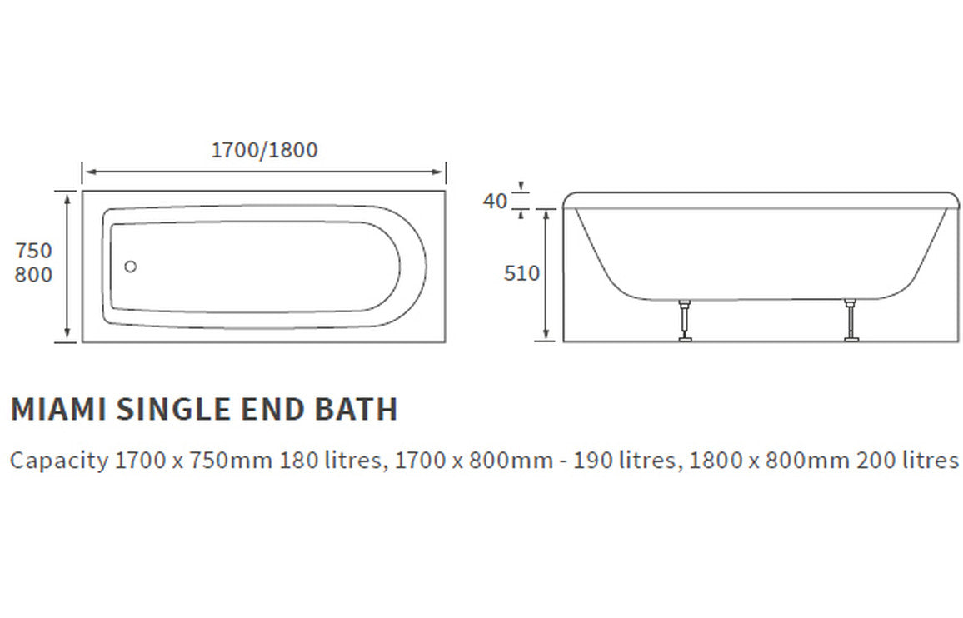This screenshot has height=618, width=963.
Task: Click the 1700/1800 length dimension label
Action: click(x=264, y=150)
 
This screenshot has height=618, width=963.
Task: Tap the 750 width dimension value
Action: click(x=33, y=251)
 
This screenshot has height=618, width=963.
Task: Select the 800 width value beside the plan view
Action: click(x=33, y=274)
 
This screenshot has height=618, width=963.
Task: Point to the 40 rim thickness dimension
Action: click(x=495, y=201)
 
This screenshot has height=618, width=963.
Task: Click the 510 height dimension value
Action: click(x=521, y=273)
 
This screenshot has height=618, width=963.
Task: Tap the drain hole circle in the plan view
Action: click(x=130, y=267)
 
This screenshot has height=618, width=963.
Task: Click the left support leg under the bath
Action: click(x=685, y=320)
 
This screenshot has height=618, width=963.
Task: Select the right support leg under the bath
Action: click(x=851, y=320)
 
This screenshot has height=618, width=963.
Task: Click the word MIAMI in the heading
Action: click(x=57, y=410)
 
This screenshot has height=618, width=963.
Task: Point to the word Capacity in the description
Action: click(x=58, y=461)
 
